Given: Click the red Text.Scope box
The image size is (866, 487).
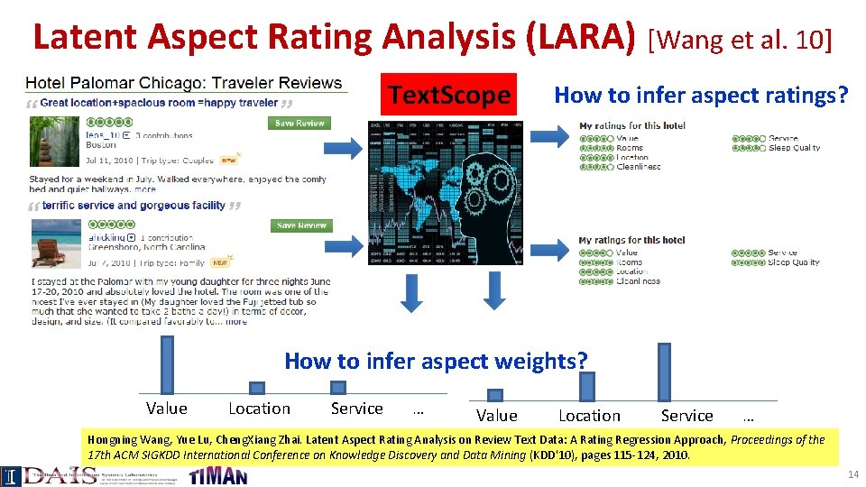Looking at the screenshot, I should tap(448, 95).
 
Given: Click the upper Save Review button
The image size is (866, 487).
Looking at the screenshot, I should tap(301, 123).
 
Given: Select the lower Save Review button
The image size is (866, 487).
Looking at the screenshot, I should tap(301, 225).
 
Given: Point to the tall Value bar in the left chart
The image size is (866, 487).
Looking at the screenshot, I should tap(167, 364).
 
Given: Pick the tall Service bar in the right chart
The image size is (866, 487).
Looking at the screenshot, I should tap(664, 372).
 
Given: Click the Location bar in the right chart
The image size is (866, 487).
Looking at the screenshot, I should tap(586, 387).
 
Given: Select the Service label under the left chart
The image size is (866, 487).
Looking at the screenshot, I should tap(356, 409).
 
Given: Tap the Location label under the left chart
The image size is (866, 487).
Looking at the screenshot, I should tap(259, 409).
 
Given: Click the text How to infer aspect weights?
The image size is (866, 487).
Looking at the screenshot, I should tap(436, 362).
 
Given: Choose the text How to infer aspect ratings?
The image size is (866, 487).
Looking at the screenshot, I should tap(701, 95).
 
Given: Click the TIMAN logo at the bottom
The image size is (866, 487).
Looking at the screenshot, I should tap(217, 475).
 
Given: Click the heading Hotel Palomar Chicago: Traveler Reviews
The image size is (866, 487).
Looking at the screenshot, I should tap(184, 84).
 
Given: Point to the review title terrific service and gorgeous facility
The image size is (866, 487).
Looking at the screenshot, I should tap(134, 206).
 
